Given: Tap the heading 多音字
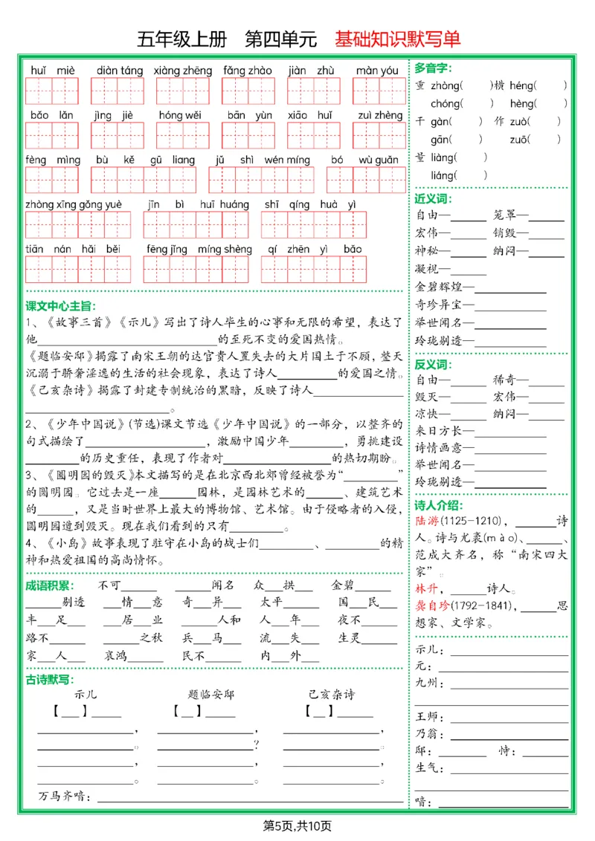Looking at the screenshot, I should (433, 68).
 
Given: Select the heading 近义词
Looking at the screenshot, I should (433, 199).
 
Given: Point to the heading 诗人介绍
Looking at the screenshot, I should (438, 505).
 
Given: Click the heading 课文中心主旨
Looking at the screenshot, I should (61, 306).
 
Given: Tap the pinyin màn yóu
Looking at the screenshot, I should (377, 71).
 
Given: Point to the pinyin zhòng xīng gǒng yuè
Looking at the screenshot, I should (74, 205).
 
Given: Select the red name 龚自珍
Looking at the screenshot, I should (432, 606).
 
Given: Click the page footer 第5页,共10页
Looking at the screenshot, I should (297, 826).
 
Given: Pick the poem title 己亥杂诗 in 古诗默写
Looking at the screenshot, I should (332, 695).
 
